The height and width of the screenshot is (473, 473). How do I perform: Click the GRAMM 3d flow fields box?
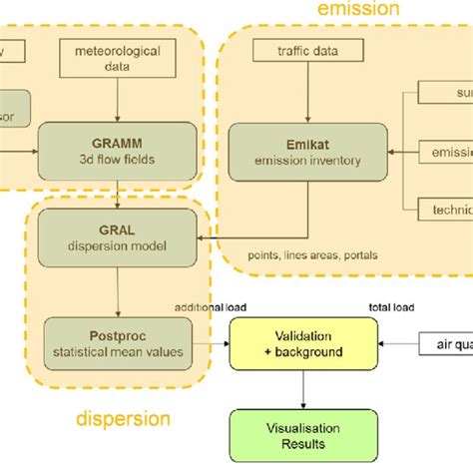pos(117,146)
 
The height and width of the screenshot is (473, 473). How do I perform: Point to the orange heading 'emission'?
pos(358,10)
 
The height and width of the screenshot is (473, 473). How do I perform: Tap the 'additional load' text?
pos(212,307)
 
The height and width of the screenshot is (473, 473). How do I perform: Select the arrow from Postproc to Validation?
pos(212,344)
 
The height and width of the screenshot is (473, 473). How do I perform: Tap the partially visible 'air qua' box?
pos(448,344)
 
